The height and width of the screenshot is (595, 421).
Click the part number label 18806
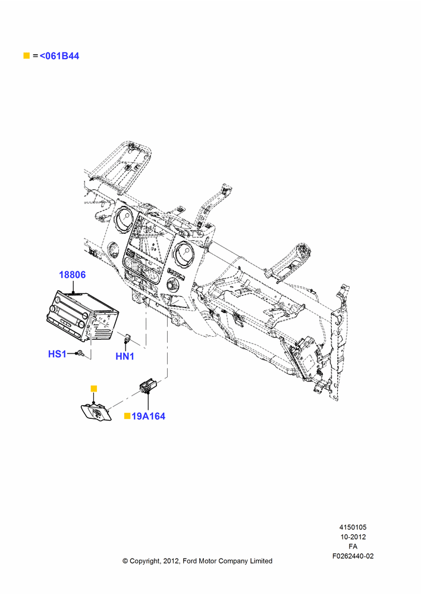click(72, 274)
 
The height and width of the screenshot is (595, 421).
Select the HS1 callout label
click(57, 353)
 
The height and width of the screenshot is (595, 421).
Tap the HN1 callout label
click(125, 356)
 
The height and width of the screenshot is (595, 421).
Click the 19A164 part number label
click(148, 416)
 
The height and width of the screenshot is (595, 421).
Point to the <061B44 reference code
click(59, 56)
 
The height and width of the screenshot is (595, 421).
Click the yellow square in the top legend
click(27, 55)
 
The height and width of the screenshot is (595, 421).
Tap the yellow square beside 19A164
click(127, 416)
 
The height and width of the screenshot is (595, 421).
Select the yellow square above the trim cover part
click(94, 389)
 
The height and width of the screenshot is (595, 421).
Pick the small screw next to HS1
click(80, 353)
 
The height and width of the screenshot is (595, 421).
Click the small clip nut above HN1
click(127, 336)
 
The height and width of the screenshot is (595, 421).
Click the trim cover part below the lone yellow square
click(96, 412)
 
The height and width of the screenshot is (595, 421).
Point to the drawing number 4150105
click(353, 527)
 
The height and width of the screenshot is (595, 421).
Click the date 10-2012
click(353, 537)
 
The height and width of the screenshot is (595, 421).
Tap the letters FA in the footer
click(353, 546)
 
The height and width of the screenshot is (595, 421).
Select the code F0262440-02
click(353, 556)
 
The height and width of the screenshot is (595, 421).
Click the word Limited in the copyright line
click(261, 561)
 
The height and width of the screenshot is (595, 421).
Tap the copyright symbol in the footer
click(125, 561)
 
